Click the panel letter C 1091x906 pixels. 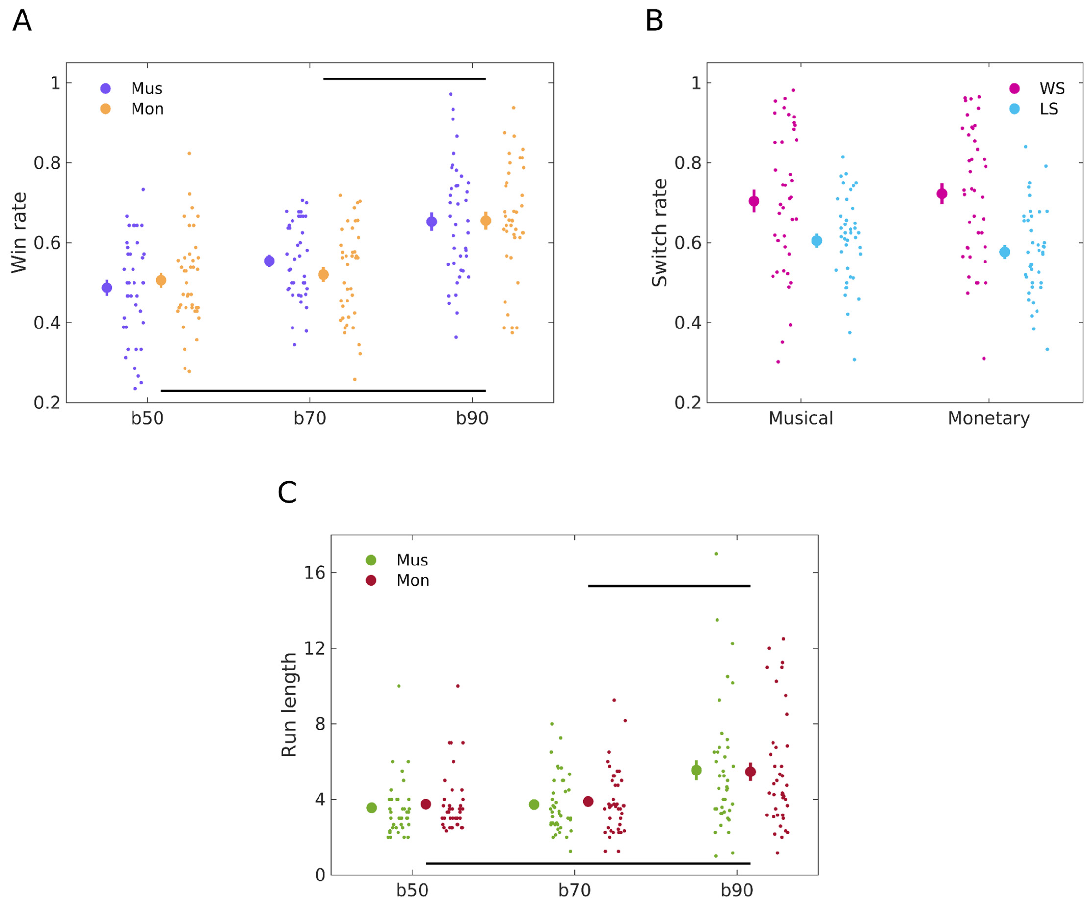(287, 492)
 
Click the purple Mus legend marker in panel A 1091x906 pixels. (106, 88)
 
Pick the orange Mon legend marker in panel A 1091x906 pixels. (106, 109)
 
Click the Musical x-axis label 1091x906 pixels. (801, 418)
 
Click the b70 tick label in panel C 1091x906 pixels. (575, 890)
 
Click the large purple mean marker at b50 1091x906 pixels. (107, 288)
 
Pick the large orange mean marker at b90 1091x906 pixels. (486, 221)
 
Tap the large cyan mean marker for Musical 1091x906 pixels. (817, 240)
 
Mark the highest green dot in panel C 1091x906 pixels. (716, 554)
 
